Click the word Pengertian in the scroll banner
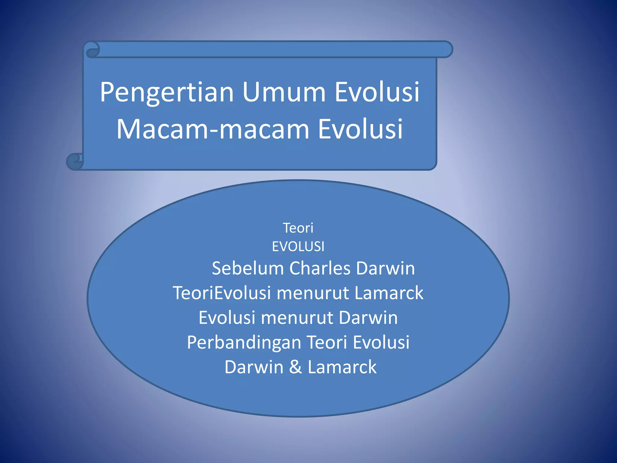click(167, 92)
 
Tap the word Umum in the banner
click(284, 92)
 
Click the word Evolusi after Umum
click(377, 92)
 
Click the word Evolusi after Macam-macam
click(360, 129)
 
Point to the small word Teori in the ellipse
click(298, 228)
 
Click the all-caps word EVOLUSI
click(298, 247)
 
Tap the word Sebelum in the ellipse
click(248, 268)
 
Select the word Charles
click(320, 268)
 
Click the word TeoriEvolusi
click(222, 293)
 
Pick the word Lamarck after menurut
click(389, 293)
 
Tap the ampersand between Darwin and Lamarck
click(296, 367)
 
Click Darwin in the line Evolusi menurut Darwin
click(368, 318)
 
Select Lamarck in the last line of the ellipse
click(342, 367)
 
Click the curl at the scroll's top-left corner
click(92, 50)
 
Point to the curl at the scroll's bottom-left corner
click(74, 161)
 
